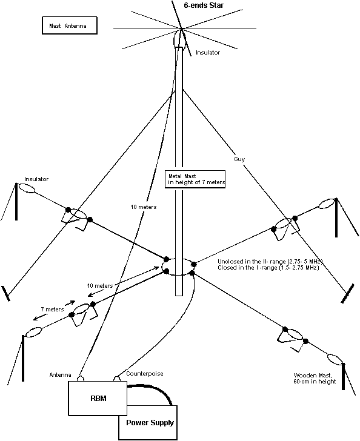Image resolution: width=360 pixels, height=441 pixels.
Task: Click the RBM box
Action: click(x=98, y=398)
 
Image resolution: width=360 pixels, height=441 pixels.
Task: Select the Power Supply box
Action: click(x=148, y=423)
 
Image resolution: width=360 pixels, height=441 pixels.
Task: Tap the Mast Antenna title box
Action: click(x=70, y=25)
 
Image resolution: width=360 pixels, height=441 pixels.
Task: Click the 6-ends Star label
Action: click(x=204, y=5)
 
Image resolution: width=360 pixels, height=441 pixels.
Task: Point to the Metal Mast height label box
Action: click(x=195, y=179)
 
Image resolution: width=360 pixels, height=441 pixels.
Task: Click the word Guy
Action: click(x=239, y=159)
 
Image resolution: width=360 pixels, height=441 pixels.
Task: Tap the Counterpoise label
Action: click(x=145, y=374)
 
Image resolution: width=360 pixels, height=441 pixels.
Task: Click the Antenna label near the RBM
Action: click(x=60, y=375)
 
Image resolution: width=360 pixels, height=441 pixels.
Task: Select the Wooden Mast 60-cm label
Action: click(x=315, y=378)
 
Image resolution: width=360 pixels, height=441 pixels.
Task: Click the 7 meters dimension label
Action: click(x=52, y=310)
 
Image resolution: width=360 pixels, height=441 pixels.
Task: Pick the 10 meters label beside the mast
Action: click(x=143, y=207)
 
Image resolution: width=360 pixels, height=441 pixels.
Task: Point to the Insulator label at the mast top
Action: click(x=208, y=52)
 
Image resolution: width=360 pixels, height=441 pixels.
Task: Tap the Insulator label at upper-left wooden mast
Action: click(x=36, y=179)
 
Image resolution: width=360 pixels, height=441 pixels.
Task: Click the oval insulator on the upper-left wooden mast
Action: click(x=27, y=188)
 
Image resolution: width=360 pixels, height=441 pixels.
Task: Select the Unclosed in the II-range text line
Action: click(x=270, y=261)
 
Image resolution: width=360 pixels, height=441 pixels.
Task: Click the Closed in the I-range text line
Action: click(x=268, y=268)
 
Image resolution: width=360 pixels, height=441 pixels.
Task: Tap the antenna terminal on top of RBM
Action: click(x=81, y=379)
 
